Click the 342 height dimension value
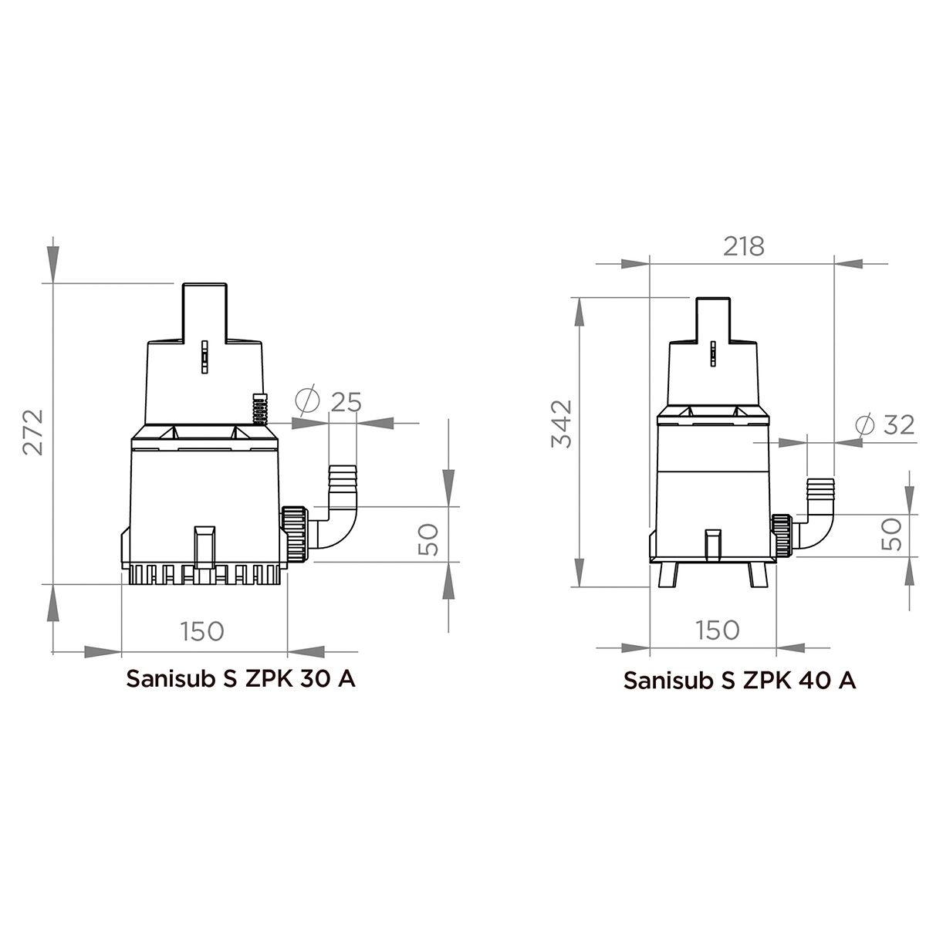[563, 424]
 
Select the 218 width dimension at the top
[743, 246]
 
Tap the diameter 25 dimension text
[333, 402]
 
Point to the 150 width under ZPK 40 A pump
[718, 630]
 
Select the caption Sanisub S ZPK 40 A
[739, 681]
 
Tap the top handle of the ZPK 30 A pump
[206, 309]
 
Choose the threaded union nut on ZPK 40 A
[780, 536]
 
